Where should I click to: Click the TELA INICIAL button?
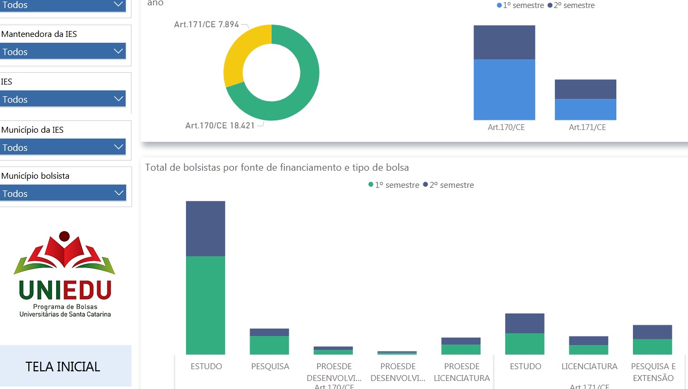[x=63, y=367]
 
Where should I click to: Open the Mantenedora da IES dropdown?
[x=63, y=51]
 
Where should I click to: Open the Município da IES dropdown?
[x=63, y=147]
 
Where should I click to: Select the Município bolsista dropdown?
[x=63, y=193]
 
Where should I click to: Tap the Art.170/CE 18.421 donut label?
[x=220, y=126]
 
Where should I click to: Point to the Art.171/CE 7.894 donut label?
[x=206, y=25]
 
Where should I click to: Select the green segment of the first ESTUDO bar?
[x=205, y=305]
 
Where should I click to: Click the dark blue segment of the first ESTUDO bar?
[x=205, y=228]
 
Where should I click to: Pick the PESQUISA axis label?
[x=270, y=367]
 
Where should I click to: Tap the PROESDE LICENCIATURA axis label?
[x=461, y=372]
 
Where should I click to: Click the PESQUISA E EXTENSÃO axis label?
[x=653, y=372]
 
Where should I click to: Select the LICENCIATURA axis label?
[x=589, y=367]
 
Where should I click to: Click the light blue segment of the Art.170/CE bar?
[x=504, y=89]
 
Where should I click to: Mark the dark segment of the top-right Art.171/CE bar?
[x=585, y=89]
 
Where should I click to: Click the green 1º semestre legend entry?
[x=394, y=185]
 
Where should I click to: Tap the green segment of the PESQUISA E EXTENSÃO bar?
[x=652, y=347]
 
